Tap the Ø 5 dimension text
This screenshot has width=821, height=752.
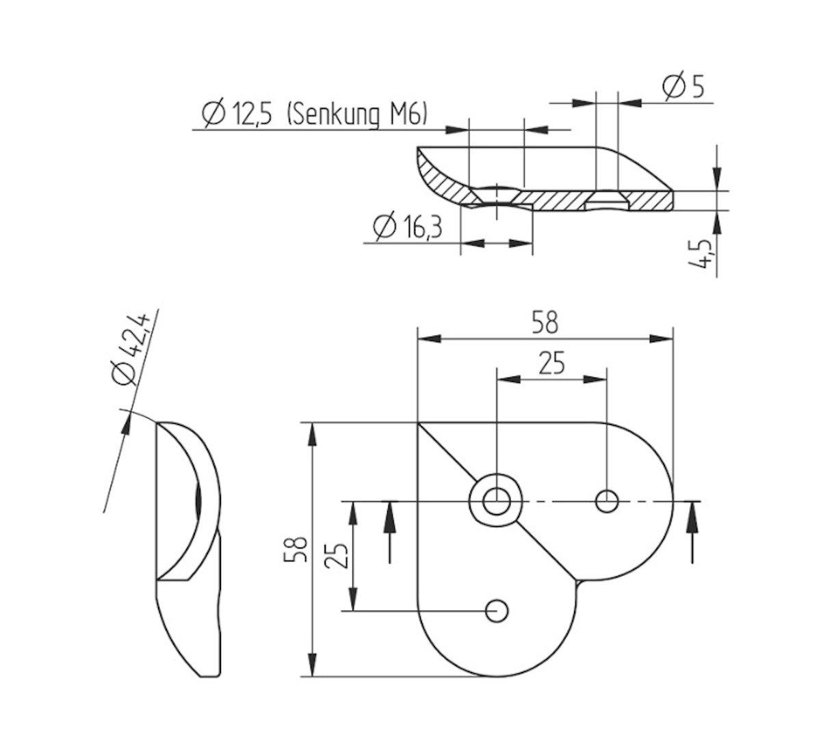click(x=683, y=88)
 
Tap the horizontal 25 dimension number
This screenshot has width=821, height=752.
click(x=551, y=364)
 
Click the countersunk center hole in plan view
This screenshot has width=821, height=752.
click(x=496, y=501)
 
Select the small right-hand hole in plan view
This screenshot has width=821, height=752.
click(x=607, y=501)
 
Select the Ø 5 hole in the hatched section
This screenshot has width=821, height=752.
click(x=608, y=202)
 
